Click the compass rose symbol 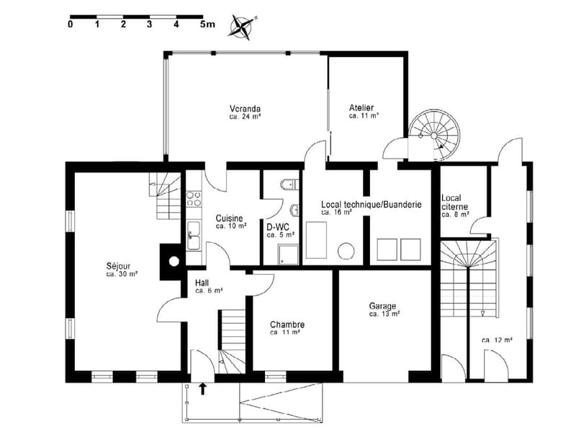click(x=241, y=27)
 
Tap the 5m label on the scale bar click(x=207, y=25)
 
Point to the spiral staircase click(x=434, y=135)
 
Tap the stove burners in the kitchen click(x=194, y=198)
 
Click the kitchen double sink click(x=193, y=235)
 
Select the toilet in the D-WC click(x=290, y=183)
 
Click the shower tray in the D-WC click(x=289, y=255)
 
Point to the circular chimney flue click(x=174, y=262)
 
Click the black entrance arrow click(x=202, y=389)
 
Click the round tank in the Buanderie click(x=346, y=251)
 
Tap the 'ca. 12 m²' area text click(x=497, y=340)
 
